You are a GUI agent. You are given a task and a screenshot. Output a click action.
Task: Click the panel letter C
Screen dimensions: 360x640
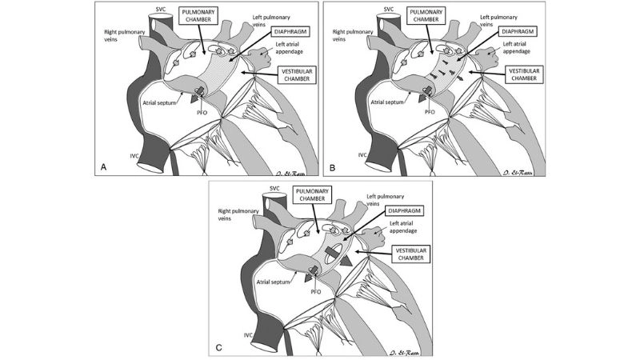point(218,346)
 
